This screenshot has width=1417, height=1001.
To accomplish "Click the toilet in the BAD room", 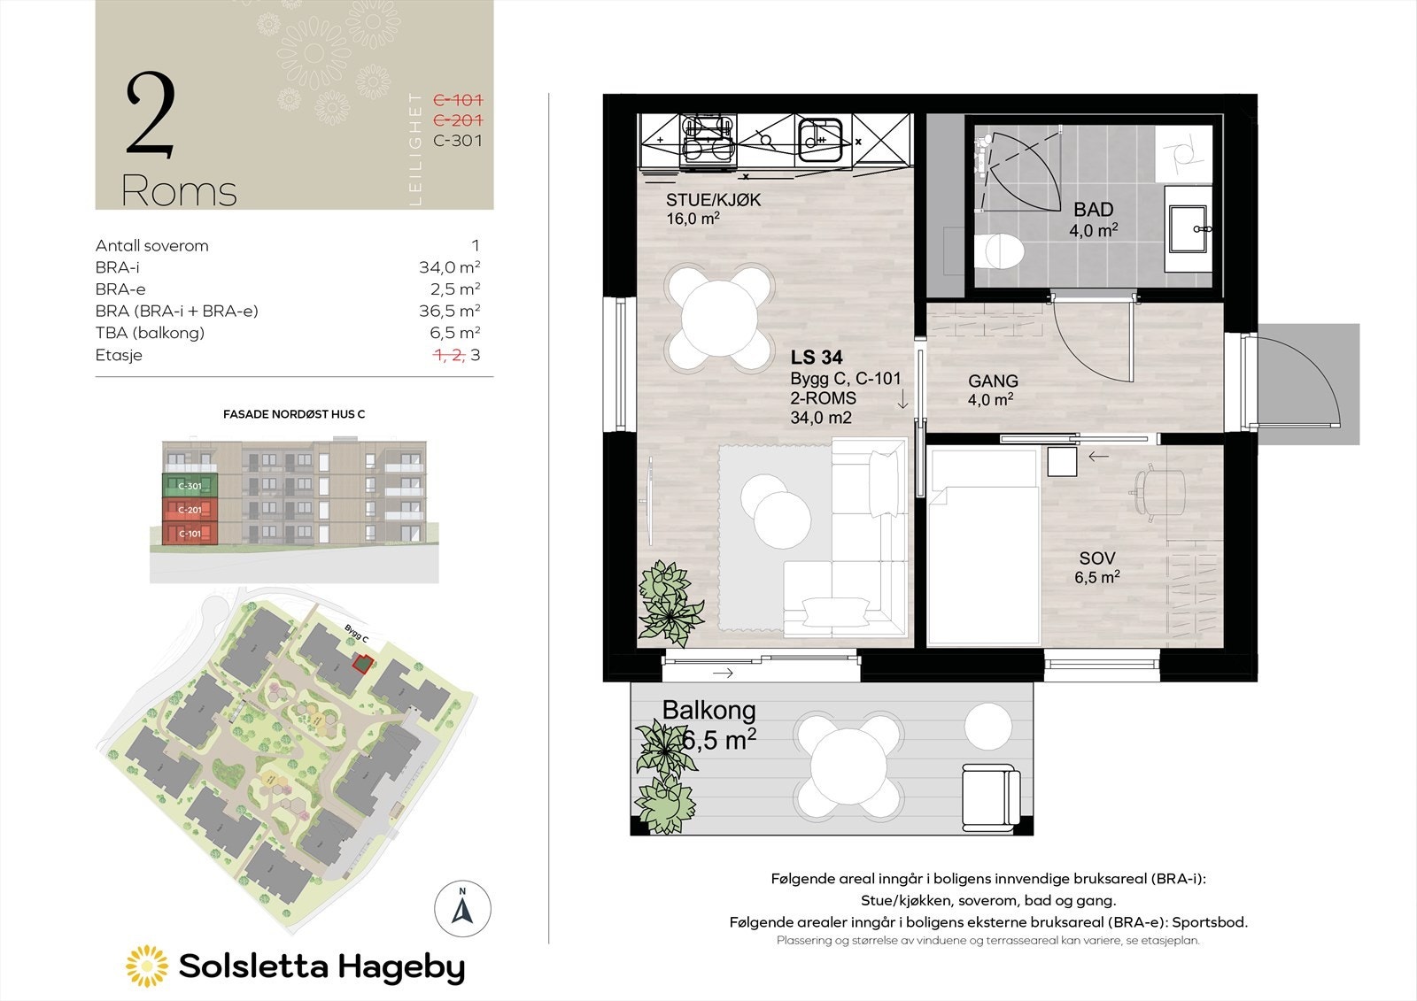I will [1003, 250].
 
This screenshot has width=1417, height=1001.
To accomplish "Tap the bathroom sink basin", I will [1189, 227].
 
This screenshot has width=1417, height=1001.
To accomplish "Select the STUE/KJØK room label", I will [713, 200].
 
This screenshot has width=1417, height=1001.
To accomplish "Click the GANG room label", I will [993, 381].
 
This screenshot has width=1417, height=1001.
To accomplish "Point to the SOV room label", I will [1097, 558].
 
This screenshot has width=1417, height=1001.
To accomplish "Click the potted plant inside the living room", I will [670, 599].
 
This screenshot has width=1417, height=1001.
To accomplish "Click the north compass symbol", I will [462, 908].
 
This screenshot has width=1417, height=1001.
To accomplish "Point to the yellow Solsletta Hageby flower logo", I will [146, 966].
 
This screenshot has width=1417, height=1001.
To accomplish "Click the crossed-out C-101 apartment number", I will [457, 100].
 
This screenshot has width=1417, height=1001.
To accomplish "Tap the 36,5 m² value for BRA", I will [449, 311].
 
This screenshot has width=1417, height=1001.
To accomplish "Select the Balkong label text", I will [708, 710].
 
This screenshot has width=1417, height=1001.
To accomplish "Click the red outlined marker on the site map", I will [360, 663].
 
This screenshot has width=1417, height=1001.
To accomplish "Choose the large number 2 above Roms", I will [151, 116].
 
